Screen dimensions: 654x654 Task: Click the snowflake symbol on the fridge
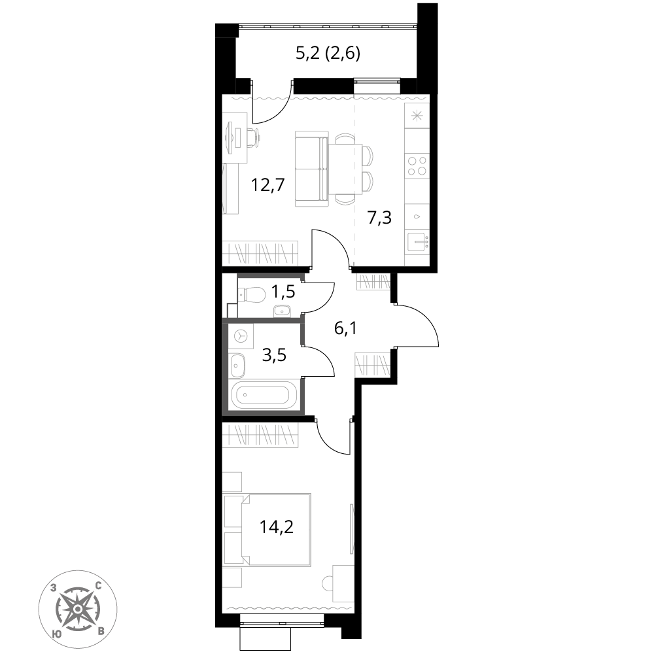417,116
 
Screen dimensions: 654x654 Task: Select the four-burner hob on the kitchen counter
417,165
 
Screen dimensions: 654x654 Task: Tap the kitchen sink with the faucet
417,242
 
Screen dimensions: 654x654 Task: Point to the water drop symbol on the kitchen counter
417,216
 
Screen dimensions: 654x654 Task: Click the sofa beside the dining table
311,169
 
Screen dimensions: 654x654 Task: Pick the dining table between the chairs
345,169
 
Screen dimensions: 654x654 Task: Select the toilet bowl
253,295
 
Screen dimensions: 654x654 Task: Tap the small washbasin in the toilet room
282,311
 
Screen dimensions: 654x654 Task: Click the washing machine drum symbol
241,336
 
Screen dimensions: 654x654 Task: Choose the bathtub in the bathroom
265,395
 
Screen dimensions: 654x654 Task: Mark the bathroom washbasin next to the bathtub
237,366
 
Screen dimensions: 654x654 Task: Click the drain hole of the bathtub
245,395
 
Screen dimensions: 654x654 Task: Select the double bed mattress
276,530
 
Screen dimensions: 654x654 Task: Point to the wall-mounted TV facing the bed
352,528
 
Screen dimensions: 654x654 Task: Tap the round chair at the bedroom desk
327,583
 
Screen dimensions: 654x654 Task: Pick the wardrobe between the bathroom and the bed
260,435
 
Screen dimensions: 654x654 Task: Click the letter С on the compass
98,586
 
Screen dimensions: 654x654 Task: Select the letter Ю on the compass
57,633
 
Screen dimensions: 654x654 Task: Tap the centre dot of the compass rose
78,609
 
